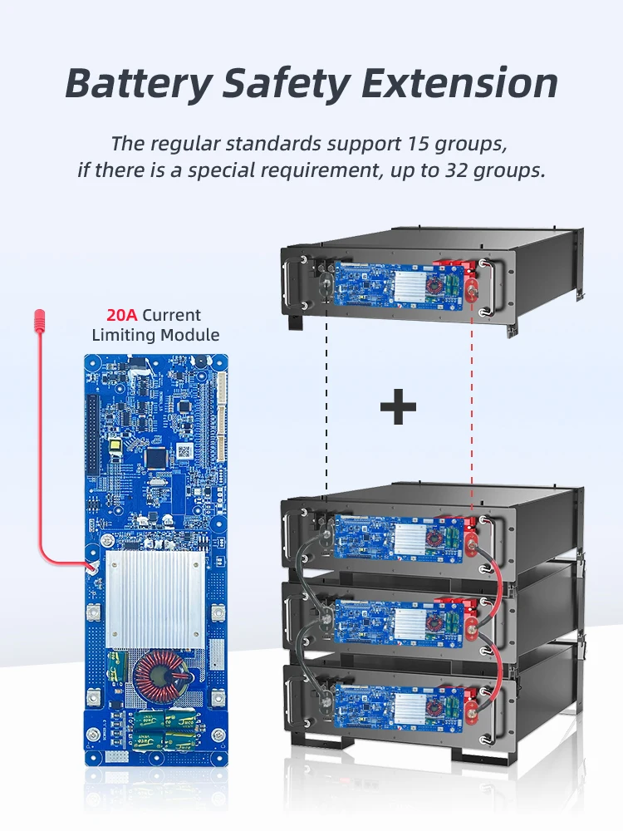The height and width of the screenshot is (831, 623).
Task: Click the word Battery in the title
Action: (138, 84)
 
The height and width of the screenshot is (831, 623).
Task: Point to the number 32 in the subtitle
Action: (453, 171)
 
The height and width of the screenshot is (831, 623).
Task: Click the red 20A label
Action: (122, 316)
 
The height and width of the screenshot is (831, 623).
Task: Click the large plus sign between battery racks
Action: (398, 408)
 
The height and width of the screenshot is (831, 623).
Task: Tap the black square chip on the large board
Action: (157, 455)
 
